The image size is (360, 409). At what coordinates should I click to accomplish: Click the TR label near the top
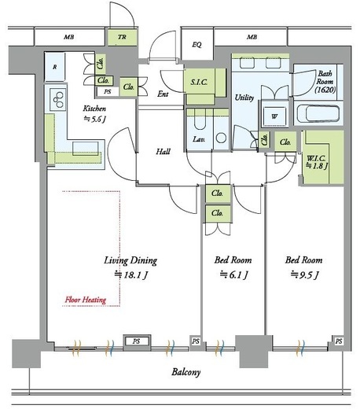(122, 37)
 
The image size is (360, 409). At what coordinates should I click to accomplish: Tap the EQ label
(197, 45)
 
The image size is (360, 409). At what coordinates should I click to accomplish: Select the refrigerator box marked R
(54, 67)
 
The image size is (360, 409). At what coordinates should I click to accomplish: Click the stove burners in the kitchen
(58, 100)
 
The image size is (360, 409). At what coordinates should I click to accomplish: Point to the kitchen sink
(86, 149)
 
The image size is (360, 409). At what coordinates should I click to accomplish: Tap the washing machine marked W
(274, 116)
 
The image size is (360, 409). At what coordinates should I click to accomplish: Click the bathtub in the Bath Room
(318, 113)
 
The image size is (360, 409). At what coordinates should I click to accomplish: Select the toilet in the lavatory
(200, 120)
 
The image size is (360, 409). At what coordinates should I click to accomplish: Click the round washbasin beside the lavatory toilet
(222, 138)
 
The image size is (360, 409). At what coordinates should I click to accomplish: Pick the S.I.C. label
(199, 83)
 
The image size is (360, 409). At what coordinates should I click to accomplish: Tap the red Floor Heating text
(86, 300)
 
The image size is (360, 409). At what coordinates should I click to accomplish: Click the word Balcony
(186, 372)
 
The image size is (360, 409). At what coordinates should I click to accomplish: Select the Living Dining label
(130, 260)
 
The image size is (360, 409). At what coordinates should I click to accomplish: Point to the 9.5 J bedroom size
(304, 275)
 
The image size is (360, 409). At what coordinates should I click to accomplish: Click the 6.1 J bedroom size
(234, 275)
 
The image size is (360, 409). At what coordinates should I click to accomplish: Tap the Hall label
(163, 151)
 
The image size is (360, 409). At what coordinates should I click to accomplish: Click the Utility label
(244, 98)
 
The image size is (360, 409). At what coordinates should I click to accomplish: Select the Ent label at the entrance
(163, 94)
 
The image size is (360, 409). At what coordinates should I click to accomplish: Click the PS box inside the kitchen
(108, 91)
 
